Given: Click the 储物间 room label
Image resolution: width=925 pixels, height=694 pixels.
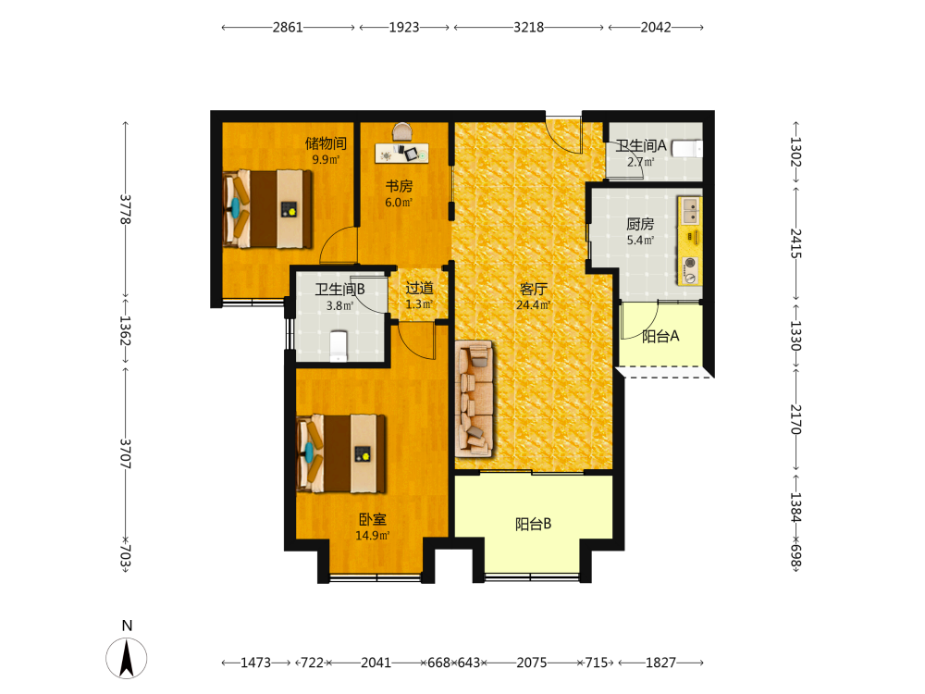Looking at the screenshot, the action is tap(326, 143).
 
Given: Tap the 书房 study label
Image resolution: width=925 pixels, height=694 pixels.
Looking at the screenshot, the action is tap(399, 187).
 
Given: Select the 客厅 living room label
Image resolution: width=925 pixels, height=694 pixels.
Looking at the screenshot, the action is tap(534, 289).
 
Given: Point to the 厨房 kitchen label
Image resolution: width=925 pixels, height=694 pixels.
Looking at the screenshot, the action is tap(640, 224).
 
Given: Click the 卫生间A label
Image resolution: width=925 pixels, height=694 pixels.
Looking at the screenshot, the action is tap(641, 146).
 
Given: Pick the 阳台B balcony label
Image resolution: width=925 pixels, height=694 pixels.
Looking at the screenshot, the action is tap(534, 524).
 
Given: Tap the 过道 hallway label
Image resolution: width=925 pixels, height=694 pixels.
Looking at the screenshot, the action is tap(419, 288).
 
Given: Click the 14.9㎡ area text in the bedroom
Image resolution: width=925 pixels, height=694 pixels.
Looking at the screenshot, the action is tap(372, 536).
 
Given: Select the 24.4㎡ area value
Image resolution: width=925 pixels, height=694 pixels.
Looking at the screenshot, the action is tap(534, 305).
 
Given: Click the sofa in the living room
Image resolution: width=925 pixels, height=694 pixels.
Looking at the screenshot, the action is tap(475, 399).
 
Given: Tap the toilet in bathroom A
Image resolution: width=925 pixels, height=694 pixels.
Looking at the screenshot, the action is tap(687, 148).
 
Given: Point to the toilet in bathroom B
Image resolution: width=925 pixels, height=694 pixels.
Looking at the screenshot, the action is tap(338, 346).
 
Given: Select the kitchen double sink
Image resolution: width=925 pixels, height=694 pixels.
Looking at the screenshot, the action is tap(690, 211).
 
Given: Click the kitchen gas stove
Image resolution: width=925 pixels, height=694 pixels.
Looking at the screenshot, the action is tap(690, 270).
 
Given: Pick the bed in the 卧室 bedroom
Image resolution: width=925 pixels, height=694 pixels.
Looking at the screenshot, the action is tap(341, 453).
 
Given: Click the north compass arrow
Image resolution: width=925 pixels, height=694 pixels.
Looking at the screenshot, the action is tap(126, 659).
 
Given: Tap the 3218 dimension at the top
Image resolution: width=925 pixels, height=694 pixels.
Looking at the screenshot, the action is tap(528, 27).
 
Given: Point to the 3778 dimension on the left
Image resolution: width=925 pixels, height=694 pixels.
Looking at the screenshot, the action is tap(125, 209).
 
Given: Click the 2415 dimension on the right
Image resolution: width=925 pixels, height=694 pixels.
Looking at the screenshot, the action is tap(795, 243).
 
